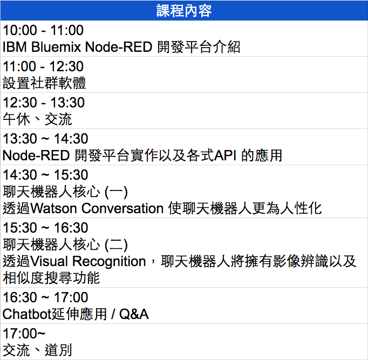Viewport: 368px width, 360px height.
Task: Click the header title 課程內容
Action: coord(184,11)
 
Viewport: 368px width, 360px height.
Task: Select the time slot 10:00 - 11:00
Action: coord(43,30)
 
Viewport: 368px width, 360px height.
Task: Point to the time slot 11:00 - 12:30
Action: coord(43,66)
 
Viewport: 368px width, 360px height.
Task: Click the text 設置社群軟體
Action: coord(44,83)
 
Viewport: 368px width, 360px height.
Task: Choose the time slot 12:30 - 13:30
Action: coord(44,103)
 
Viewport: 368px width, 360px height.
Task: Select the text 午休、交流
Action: coord(37,119)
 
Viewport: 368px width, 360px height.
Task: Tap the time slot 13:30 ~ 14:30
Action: coord(45,139)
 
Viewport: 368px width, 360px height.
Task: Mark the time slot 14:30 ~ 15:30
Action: coord(45,175)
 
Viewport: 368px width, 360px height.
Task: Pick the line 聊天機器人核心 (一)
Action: coord(65,192)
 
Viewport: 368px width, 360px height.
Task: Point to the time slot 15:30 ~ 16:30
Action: coord(45,228)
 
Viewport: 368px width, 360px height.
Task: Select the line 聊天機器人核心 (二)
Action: coord(65,244)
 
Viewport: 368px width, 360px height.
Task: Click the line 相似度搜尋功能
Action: coord(51,278)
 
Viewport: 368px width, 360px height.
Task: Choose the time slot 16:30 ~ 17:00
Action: coord(45,297)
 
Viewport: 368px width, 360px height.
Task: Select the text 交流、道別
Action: coord(37,350)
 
